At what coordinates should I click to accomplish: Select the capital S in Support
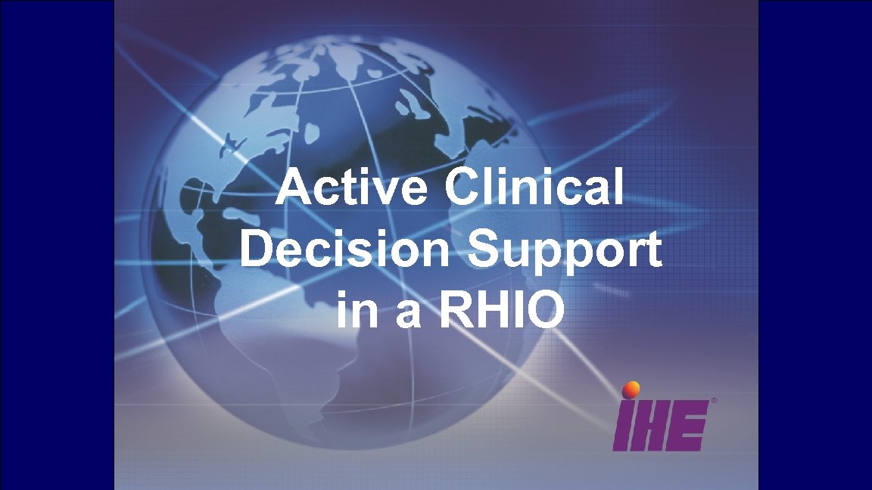485,250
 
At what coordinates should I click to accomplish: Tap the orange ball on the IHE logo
630,389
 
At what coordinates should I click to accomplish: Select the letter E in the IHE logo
692,426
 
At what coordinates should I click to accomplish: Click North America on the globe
227,166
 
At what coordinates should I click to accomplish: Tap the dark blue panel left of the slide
57,245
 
